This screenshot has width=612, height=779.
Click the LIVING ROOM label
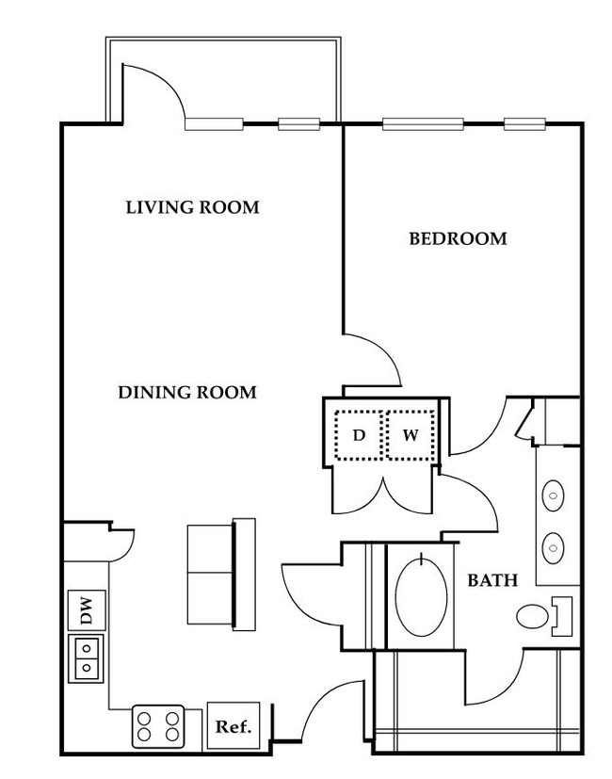click(x=193, y=207)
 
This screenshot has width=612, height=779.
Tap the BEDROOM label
click(x=458, y=239)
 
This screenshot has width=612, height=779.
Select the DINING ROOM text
click(x=187, y=393)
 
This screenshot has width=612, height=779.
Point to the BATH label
click(x=492, y=580)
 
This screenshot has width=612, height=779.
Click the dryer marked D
click(x=359, y=436)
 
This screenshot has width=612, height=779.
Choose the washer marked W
click(x=411, y=436)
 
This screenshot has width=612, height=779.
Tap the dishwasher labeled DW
click(x=87, y=610)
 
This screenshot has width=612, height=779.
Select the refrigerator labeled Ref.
click(x=234, y=726)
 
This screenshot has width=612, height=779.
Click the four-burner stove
click(x=158, y=726)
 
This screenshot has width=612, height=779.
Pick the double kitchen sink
click(x=86, y=658)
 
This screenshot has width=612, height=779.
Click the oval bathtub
click(x=421, y=595)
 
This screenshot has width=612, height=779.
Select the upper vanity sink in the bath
click(x=553, y=495)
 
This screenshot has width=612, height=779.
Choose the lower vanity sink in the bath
click(x=553, y=548)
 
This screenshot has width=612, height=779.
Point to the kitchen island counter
click(x=221, y=575)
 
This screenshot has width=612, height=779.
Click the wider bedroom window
click(x=423, y=124)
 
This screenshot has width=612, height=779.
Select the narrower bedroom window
click(x=524, y=124)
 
